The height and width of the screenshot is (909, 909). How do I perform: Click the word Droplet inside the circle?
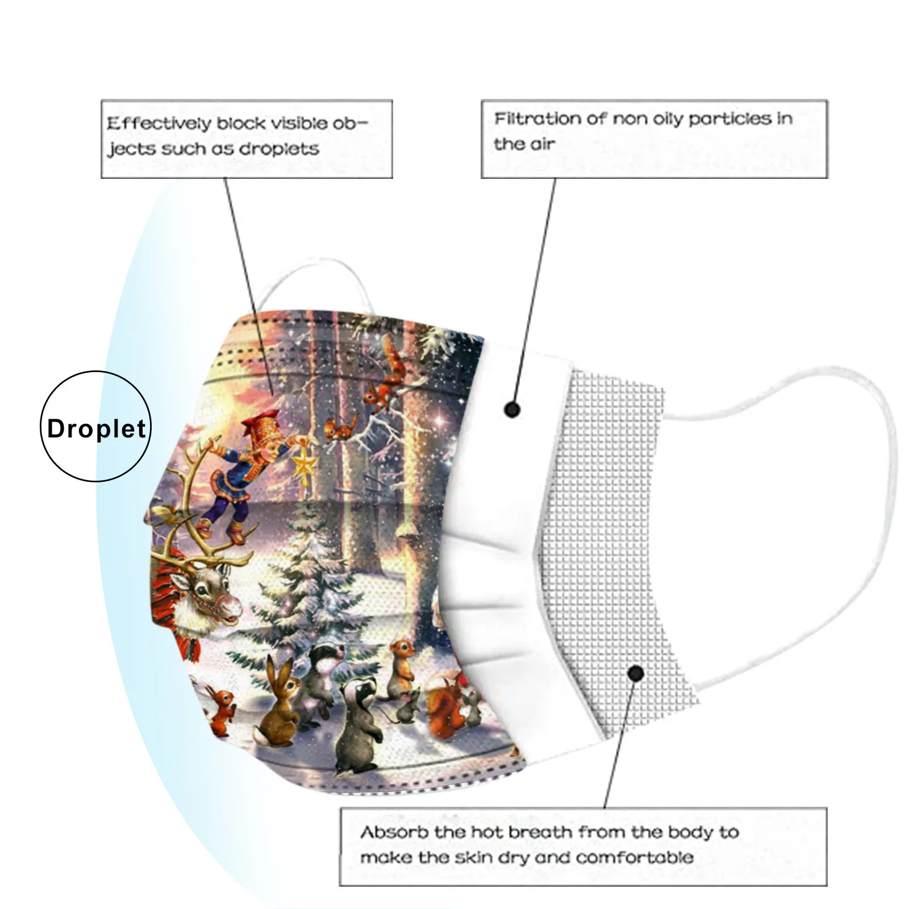tap(97, 428)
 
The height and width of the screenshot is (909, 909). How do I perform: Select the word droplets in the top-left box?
tap(279, 149)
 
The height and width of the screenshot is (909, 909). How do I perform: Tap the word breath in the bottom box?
tap(540, 833)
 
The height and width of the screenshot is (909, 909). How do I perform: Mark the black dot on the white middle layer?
tap(512, 409)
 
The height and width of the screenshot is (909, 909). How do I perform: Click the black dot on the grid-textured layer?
tap(636, 674)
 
